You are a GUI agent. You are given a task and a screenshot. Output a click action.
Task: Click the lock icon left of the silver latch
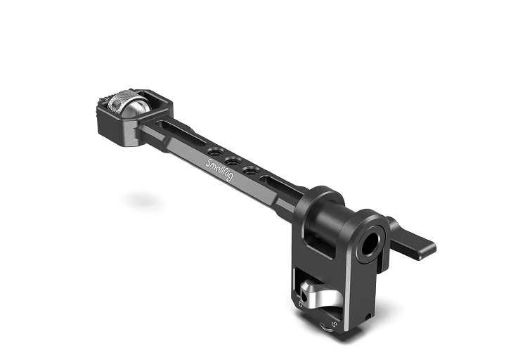point(300,304)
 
